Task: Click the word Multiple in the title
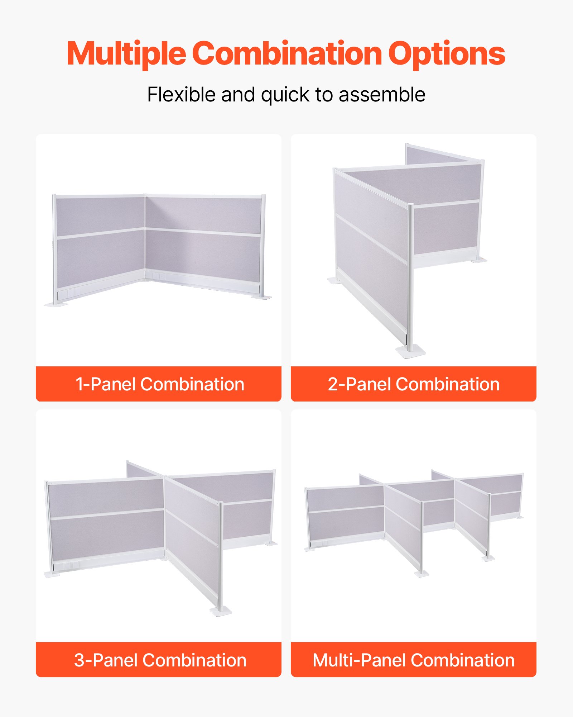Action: (126, 54)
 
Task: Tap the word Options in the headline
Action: (446, 54)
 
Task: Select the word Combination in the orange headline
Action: (287, 54)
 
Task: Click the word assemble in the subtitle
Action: (382, 95)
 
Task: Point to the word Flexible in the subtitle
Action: (181, 95)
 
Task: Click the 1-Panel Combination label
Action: (159, 384)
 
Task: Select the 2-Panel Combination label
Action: (413, 384)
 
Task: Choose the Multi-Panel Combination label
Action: (413, 660)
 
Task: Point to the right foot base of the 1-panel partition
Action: (262, 297)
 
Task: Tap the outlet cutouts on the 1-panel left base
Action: (68, 294)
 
